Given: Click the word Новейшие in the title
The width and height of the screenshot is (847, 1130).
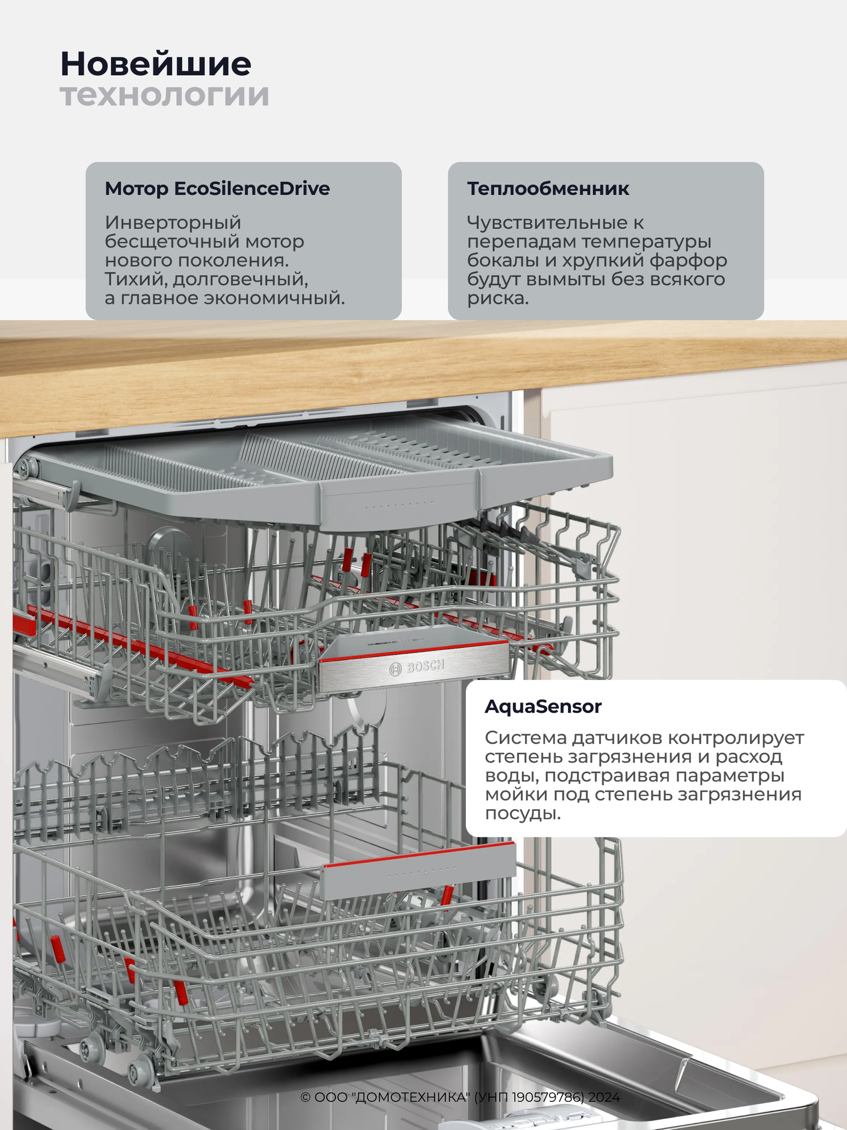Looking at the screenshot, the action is (156, 64).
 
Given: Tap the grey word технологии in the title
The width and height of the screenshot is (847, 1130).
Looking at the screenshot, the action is (164, 95).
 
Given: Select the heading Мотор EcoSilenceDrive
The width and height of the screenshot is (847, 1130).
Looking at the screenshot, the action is (217, 188).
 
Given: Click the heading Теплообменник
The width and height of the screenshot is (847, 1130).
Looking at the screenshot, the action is (548, 188).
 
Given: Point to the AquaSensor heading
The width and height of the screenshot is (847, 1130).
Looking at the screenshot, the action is (543, 706).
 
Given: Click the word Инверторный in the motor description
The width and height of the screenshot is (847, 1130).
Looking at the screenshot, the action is (173, 223).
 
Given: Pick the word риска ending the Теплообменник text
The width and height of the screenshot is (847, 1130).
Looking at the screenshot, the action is (497, 298).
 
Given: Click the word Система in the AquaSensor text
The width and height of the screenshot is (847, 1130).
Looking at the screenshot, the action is (526, 737).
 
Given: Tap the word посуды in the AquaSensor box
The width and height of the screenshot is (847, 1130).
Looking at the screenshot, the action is (522, 814).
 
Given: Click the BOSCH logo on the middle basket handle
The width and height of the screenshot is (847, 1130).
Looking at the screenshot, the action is (417, 668).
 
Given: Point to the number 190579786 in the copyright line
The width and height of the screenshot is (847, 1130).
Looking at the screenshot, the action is (548, 1097).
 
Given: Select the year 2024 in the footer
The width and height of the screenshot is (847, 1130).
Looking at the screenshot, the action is (604, 1097).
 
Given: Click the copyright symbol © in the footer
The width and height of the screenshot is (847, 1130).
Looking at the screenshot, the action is (305, 1097).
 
